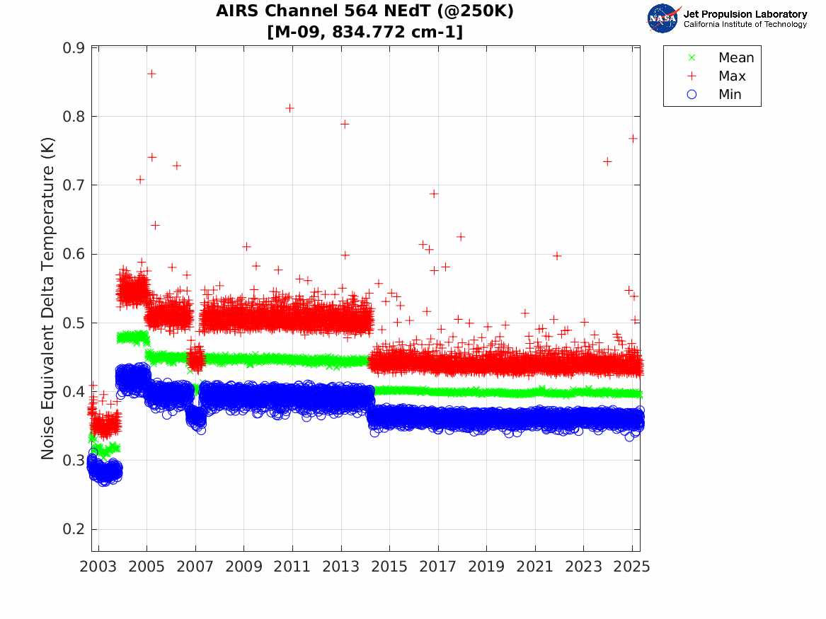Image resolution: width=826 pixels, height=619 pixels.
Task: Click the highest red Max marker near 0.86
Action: tap(151, 74)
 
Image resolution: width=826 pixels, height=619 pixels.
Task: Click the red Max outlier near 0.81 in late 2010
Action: tap(289, 108)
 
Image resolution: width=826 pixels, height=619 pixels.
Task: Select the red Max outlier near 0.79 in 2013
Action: tap(345, 124)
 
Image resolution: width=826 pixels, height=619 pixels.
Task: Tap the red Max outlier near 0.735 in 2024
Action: tap(607, 161)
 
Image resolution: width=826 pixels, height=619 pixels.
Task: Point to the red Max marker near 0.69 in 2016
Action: tap(434, 193)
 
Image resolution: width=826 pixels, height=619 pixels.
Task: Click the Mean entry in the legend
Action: tap(736, 58)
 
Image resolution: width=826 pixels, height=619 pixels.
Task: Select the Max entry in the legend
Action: tap(732, 76)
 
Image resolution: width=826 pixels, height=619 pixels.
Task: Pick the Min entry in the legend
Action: tap(730, 94)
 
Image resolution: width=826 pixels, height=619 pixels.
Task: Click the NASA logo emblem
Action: tap(663, 18)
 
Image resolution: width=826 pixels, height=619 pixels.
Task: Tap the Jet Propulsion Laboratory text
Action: tap(745, 14)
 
